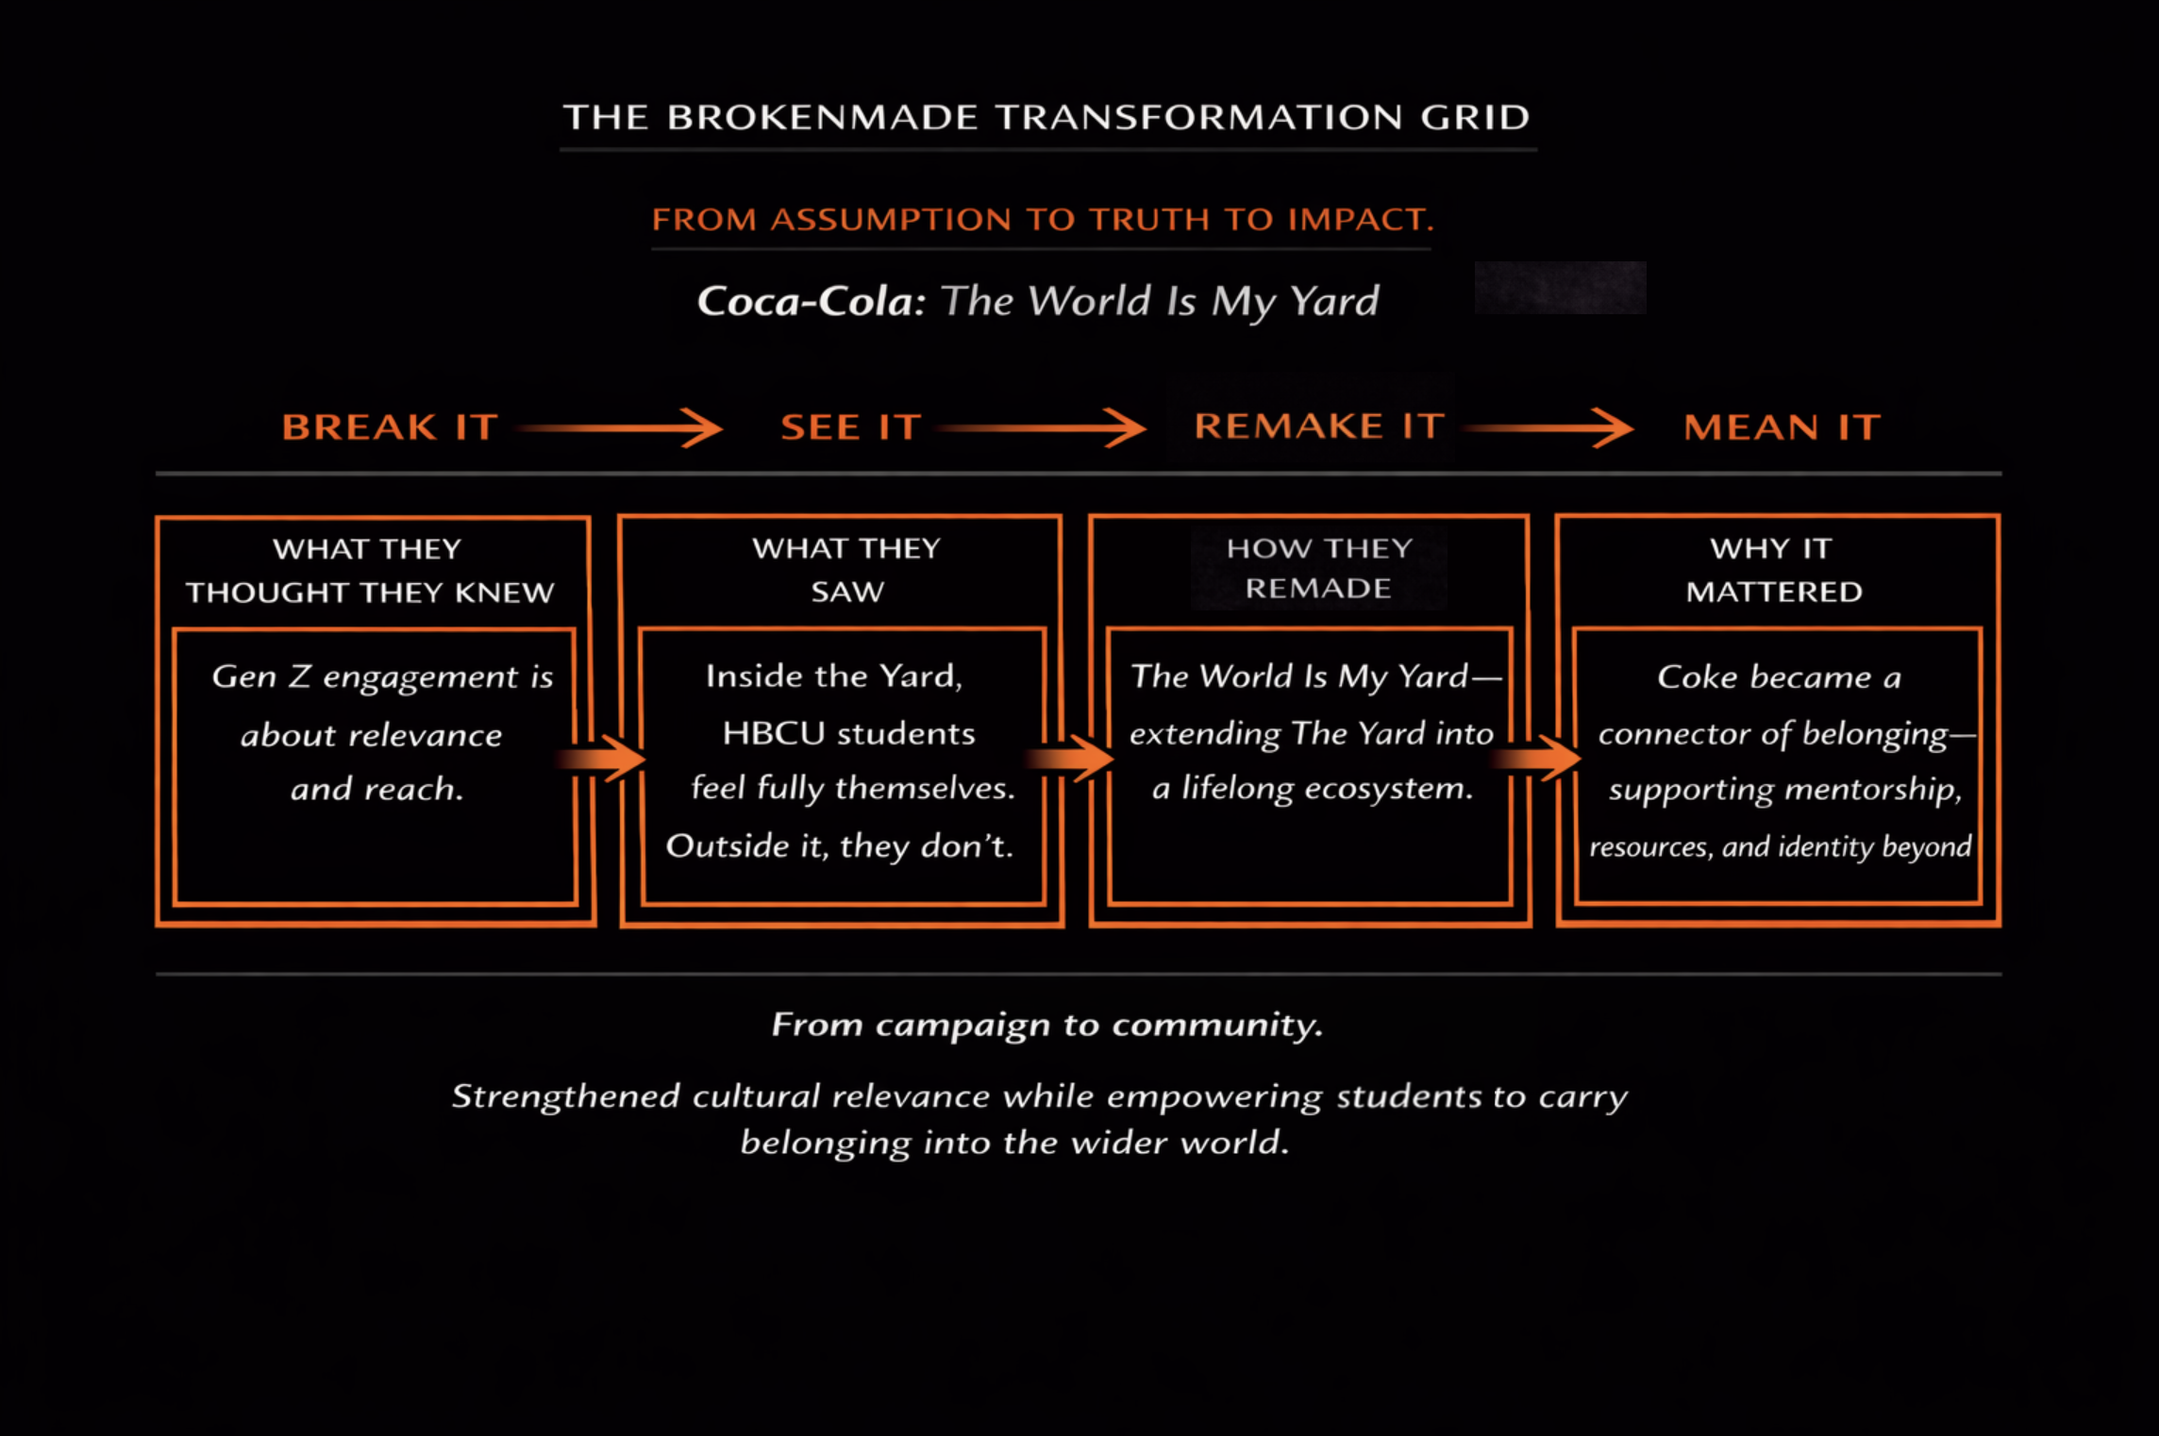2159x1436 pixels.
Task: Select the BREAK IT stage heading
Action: pyautogui.click(x=390, y=427)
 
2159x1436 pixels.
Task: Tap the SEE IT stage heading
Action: pyautogui.click(x=850, y=427)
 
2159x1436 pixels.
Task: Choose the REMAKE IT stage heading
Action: pyautogui.click(x=1319, y=426)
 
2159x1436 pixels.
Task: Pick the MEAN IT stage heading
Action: pyautogui.click(x=1782, y=427)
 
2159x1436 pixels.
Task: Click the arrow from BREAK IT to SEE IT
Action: pyautogui.click(x=622, y=428)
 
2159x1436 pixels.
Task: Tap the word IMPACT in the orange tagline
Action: pyautogui.click(x=1360, y=220)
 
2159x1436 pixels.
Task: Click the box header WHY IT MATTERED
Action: pyautogui.click(x=1773, y=570)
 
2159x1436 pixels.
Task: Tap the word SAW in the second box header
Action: pyautogui.click(x=847, y=593)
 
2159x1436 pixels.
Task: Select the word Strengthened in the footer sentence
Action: pyautogui.click(x=565, y=1096)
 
